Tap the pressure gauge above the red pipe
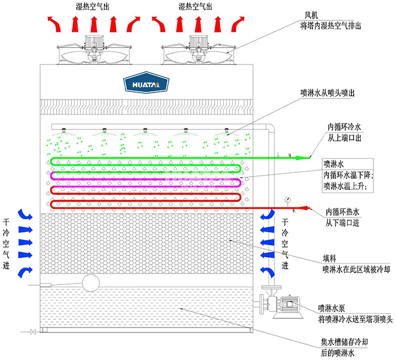pos(288,199)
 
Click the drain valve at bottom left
pos(32,331)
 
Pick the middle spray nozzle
pos(145,131)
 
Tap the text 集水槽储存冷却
pos(344,342)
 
